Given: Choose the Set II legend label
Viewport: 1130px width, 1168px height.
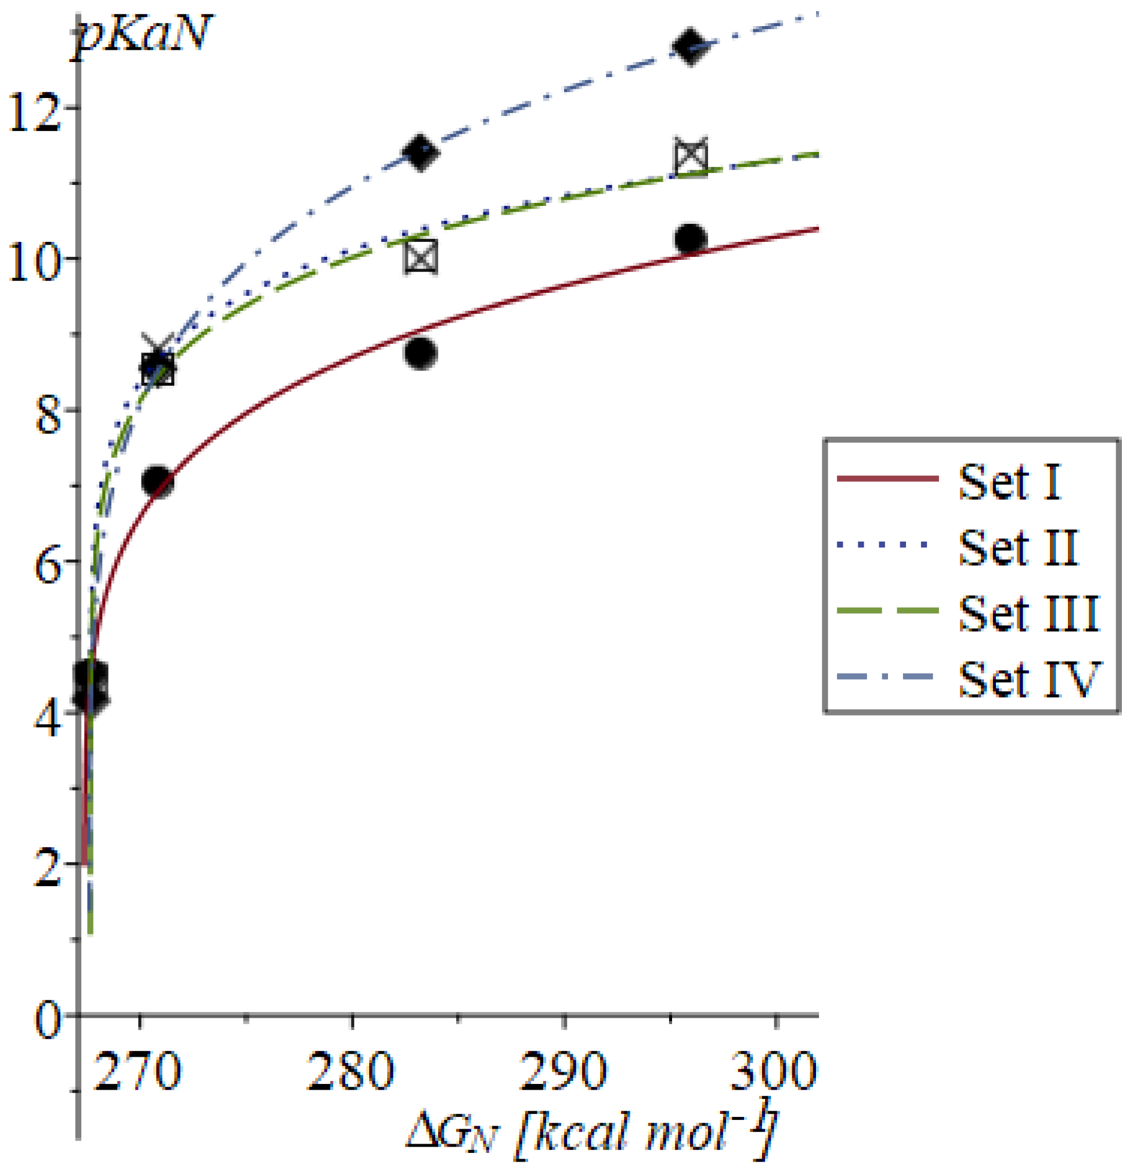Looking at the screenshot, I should click(x=1019, y=547).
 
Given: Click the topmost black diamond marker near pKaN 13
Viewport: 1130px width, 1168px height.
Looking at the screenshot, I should click(x=691, y=46).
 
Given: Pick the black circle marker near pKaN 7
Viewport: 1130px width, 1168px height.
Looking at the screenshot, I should click(x=157, y=480).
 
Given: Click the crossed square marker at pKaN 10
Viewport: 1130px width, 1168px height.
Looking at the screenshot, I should click(x=420, y=257).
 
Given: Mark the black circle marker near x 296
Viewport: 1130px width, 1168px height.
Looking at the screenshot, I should click(x=691, y=238).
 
